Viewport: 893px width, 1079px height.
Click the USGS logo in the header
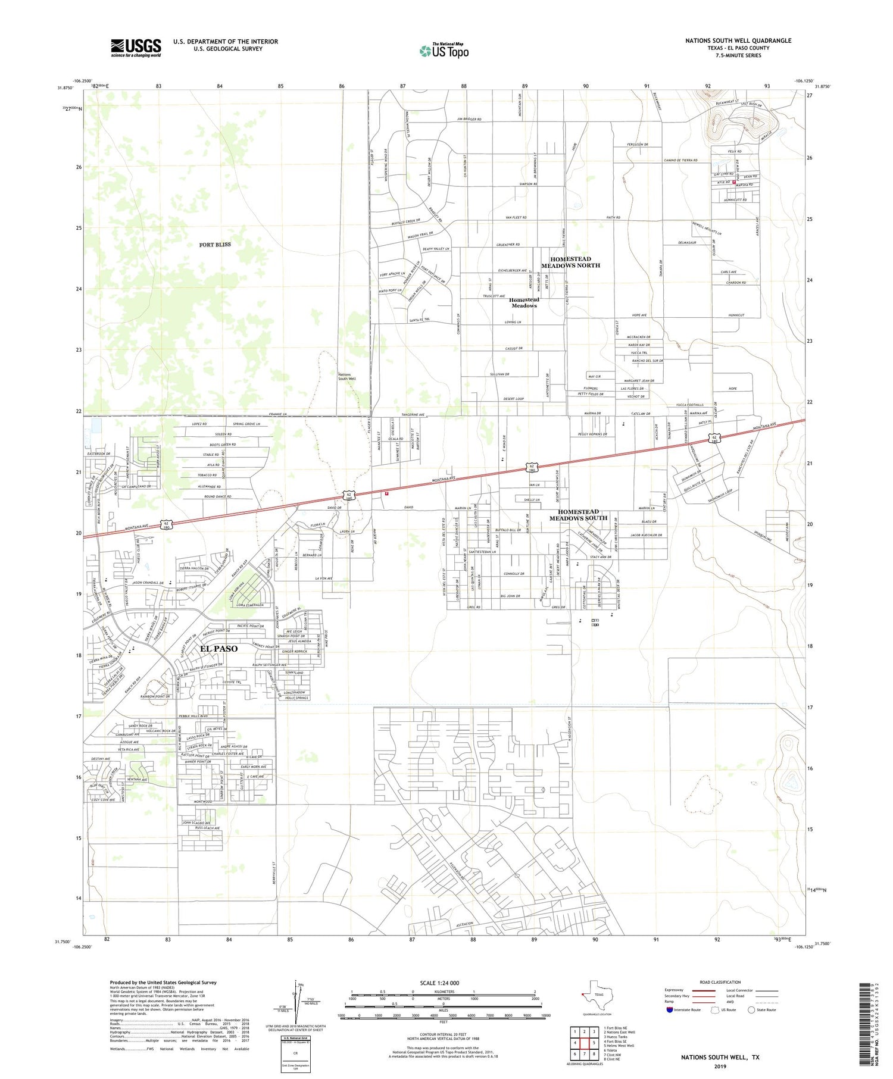pyautogui.click(x=136, y=48)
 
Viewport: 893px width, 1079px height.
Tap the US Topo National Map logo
pyautogui.click(x=444, y=51)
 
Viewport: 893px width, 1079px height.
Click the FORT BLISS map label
pyautogui.click(x=215, y=245)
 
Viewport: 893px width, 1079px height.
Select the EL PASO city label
pyautogui.click(x=218, y=649)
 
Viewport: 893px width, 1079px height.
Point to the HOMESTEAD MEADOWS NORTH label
pyautogui.click(x=570, y=262)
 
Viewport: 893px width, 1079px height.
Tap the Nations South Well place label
pyautogui.click(x=346, y=377)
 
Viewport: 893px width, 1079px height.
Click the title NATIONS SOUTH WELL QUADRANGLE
pyautogui.click(x=738, y=40)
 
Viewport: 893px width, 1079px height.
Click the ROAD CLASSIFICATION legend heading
pyautogui.click(x=720, y=982)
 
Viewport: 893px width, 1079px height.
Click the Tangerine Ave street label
pyautogui.click(x=413, y=415)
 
